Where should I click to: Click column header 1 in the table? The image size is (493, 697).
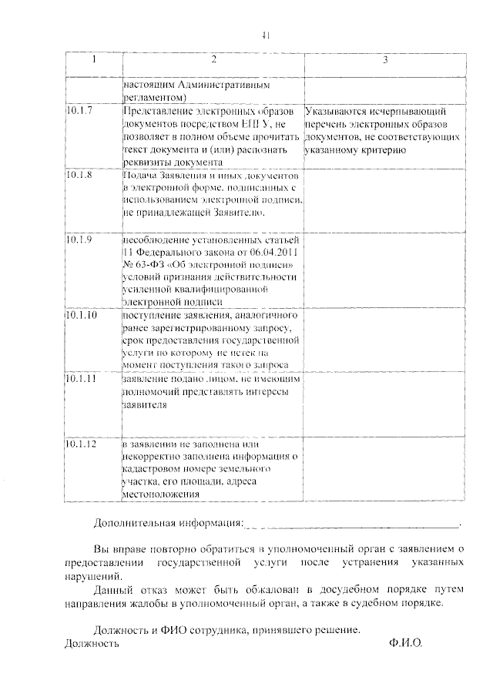(x=93, y=59)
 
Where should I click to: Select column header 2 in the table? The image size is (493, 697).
(x=213, y=59)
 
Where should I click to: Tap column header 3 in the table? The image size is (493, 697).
(x=384, y=59)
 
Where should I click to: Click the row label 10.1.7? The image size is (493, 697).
(x=79, y=111)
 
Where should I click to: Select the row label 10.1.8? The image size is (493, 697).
(x=79, y=176)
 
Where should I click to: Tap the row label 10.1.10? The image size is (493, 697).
(x=82, y=316)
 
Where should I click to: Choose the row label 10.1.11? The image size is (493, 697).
(x=82, y=379)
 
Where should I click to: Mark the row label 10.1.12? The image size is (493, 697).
(x=82, y=445)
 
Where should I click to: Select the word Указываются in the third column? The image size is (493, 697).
(x=335, y=111)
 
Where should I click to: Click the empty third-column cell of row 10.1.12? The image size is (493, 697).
(x=384, y=470)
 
